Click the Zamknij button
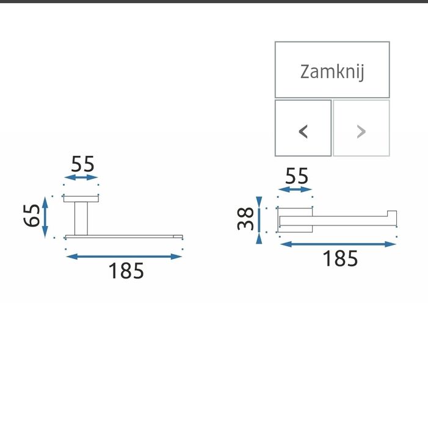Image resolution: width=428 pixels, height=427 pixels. coord(332,70)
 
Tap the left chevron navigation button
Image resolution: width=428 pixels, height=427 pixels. coord(303,128)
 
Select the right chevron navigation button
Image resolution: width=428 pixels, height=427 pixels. coord(361,128)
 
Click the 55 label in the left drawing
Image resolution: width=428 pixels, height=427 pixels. coord(82,164)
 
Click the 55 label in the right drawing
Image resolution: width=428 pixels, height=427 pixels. coord(297,176)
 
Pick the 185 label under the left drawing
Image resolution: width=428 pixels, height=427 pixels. coord(126,271)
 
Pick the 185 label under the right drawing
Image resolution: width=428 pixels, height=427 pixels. coord(339,258)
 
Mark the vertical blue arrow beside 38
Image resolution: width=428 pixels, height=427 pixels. coord(259,220)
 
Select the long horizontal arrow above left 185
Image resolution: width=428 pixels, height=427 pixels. coord(124,257)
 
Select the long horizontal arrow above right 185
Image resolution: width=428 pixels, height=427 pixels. coord(338,244)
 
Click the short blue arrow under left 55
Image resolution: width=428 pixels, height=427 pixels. coord(82,178)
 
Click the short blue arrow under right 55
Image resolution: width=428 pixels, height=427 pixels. coord(295,190)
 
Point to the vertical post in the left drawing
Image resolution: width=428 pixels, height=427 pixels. coord(81,217)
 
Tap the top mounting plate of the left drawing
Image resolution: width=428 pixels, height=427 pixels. coord(82,199)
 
